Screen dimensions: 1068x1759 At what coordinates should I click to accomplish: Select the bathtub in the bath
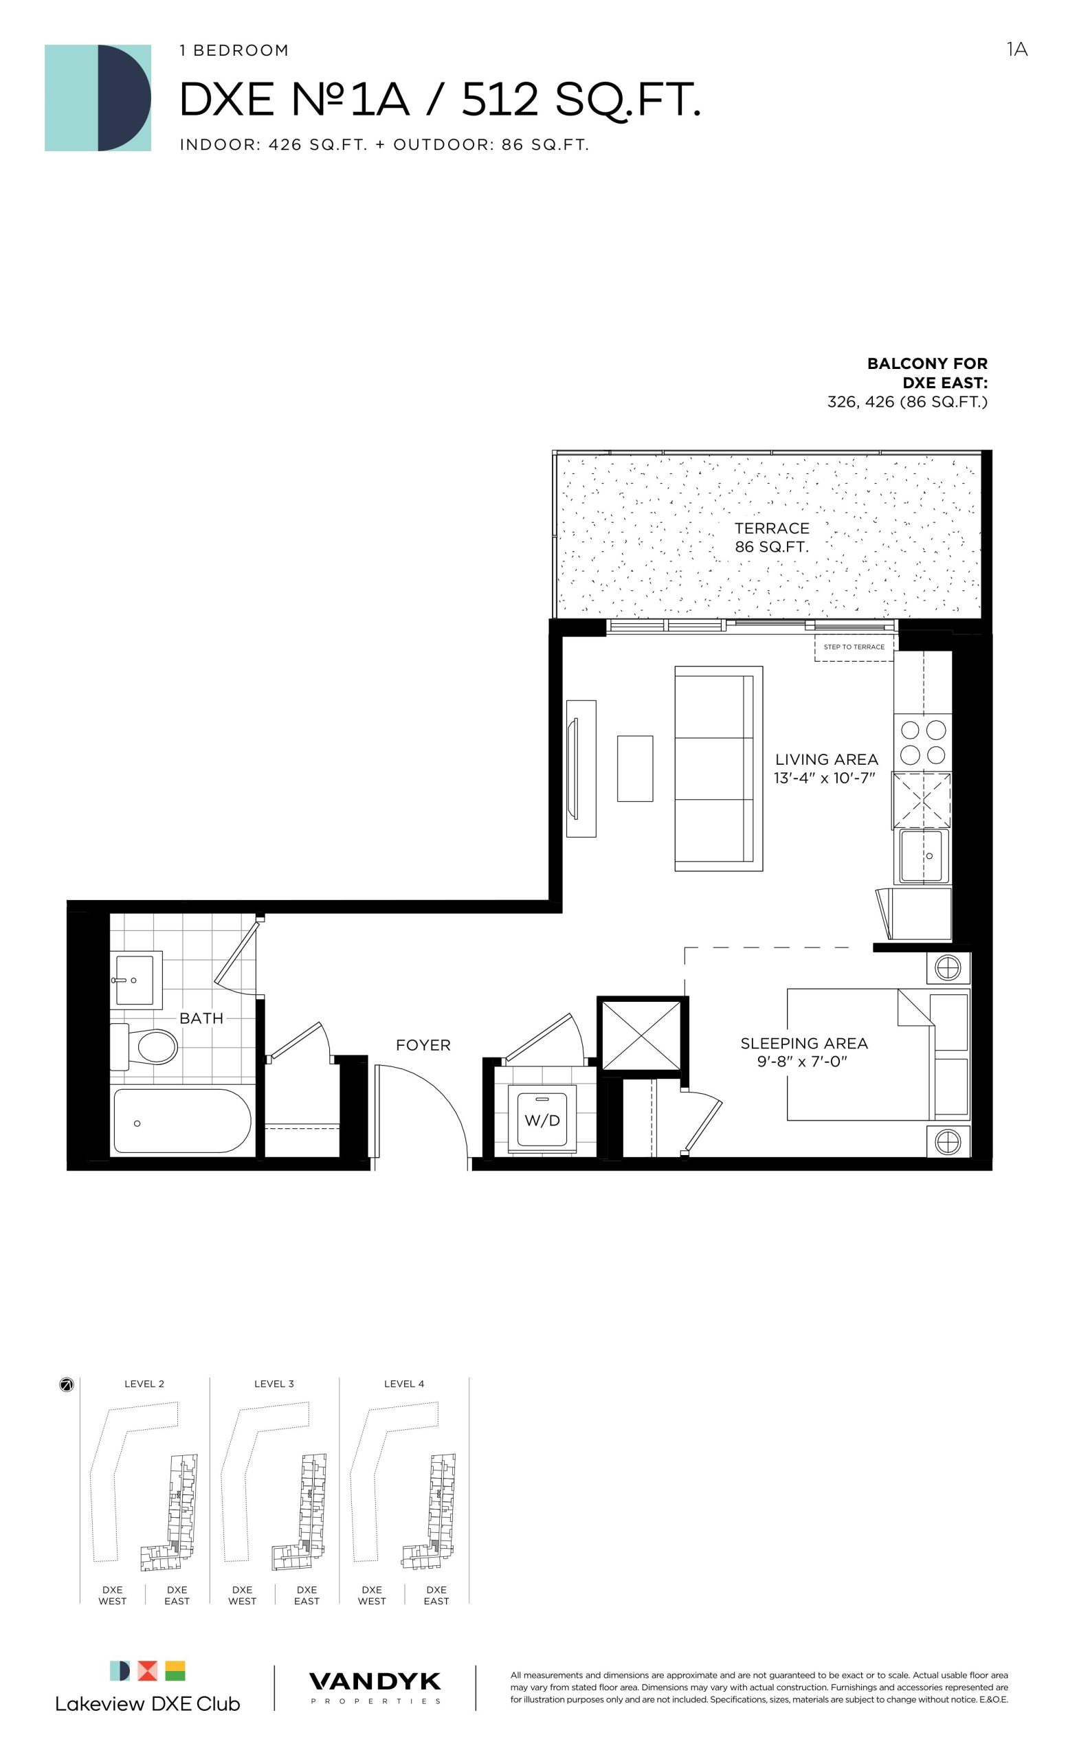click(x=182, y=1120)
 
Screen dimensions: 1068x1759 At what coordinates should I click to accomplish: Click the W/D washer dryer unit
click(x=542, y=1119)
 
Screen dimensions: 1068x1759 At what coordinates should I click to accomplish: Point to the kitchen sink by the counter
click(x=924, y=856)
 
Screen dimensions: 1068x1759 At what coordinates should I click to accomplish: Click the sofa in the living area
click(x=718, y=768)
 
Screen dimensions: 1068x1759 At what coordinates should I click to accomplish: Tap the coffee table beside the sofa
click(x=634, y=768)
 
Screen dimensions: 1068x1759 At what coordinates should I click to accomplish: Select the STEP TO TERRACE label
click(x=854, y=647)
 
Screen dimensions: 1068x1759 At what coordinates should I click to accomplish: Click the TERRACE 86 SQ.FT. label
click(x=772, y=537)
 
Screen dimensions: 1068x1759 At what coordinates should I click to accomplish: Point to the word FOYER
click(x=423, y=1045)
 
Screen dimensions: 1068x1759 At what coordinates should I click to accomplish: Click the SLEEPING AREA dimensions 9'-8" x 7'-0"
click(x=803, y=1062)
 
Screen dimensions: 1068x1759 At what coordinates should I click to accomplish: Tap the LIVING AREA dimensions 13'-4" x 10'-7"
click(x=825, y=778)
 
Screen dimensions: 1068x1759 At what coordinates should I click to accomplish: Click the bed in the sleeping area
click(x=878, y=1054)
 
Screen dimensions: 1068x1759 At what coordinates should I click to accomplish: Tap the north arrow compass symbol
click(x=67, y=1385)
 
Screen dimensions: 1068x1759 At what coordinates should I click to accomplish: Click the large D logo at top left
click(x=98, y=98)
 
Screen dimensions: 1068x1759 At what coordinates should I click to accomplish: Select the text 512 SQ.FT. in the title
click(x=581, y=100)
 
